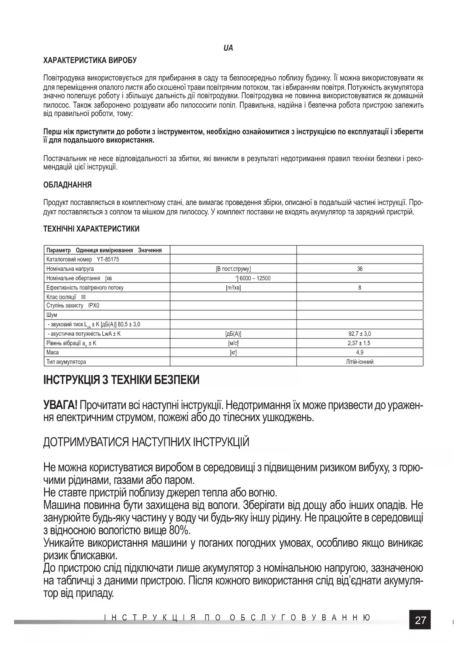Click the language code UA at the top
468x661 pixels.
tap(228, 48)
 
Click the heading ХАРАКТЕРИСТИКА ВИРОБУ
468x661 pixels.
tap(90, 60)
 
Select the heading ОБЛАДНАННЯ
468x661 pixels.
tap(68, 185)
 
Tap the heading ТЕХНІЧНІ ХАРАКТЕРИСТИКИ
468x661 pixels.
tap(91, 229)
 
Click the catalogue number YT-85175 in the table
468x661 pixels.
tap(108, 259)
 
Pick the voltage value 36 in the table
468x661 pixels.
tap(360, 269)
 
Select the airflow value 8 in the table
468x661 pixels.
tap(360, 288)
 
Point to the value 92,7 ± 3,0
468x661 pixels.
tap(360, 334)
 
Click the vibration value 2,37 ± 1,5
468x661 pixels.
tap(360, 343)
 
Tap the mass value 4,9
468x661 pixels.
tap(360, 352)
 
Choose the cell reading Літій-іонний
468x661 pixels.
tap(360, 362)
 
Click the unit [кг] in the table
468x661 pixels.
tap(233, 352)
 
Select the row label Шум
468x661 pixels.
tap(52, 315)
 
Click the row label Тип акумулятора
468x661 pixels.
tap(66, 362)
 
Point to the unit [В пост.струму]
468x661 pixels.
tap(233, 269)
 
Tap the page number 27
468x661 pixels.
tap(420, 620)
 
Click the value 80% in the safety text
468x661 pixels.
tap(180, 530)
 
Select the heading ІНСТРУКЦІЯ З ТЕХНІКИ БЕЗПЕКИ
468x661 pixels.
tap(121, 380)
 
